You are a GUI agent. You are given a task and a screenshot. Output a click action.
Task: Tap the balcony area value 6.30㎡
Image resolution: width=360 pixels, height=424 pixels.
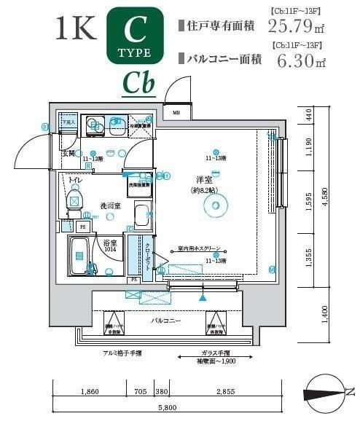point(297,60)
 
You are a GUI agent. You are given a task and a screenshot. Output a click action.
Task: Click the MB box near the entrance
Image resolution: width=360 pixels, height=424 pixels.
point(176,113)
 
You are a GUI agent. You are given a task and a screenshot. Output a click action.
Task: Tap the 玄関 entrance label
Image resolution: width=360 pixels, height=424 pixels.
point(69,154)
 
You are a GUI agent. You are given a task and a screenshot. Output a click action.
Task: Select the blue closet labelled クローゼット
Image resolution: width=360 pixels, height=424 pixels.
point(145,256)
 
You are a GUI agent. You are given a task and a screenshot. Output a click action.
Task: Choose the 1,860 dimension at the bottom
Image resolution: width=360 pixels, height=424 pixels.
point(90,393)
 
